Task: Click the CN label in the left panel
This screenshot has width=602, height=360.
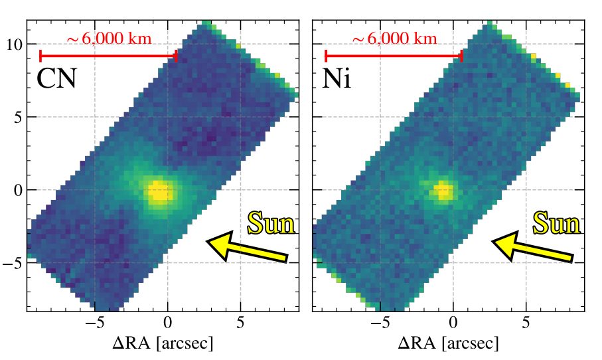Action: (56, 79)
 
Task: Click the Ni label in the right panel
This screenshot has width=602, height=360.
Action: (337, 79)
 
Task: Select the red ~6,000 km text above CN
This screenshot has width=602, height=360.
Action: (110, 39)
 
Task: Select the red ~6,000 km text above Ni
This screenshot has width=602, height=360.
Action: (394, 39)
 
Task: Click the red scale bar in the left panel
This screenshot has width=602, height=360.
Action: (108, 56)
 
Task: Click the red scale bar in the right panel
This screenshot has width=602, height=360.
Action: (393, 56)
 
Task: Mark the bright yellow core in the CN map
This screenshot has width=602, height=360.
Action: (159, 192)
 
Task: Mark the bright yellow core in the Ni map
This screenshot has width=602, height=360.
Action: (443, 191)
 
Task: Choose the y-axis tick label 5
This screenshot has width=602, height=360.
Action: (18, 118)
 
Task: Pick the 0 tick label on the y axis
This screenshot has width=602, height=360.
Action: (18, 191)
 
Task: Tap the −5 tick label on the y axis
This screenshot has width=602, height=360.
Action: (13, 264)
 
